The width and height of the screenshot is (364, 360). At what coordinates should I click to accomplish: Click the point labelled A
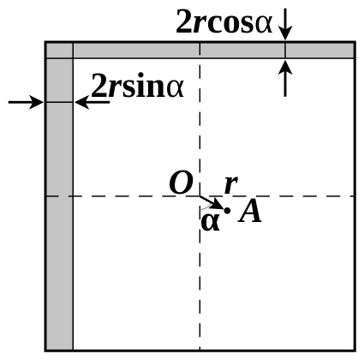(x=227, y=211)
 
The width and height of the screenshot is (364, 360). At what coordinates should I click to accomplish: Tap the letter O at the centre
(x=182, y=183)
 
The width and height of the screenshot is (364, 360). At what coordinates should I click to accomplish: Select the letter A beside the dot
(x=250, y=212)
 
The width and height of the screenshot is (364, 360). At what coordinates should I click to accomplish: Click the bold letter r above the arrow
(x=231, y=185)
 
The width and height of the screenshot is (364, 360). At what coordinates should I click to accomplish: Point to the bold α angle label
(x=211, y=222)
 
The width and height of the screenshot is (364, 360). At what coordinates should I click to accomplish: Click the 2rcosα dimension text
(x=224, y=21)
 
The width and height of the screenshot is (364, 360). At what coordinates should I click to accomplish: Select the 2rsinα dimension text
(x=138, y=85)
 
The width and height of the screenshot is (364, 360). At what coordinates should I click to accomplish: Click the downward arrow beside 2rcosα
(x=285, y=24)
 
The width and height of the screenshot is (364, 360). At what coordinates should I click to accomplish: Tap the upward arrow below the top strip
(x=285, y=78)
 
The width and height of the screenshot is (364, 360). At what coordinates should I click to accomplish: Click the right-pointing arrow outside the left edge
(x=26, y=102)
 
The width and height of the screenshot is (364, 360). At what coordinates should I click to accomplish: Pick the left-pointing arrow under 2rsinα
(x=92, y=102)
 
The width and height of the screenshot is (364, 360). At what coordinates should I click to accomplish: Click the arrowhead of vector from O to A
(x=218, y=204)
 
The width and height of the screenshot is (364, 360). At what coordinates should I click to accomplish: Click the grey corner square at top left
(x=59, y=51)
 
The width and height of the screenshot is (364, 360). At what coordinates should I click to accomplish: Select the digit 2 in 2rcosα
(x=184, y=21)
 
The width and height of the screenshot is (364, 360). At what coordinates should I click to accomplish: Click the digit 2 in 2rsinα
(x=99, y=85)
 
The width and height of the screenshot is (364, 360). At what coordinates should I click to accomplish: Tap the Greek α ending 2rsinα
(x=175, y=88)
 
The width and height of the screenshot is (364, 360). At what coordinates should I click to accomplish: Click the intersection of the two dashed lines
(x=200, y=196)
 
